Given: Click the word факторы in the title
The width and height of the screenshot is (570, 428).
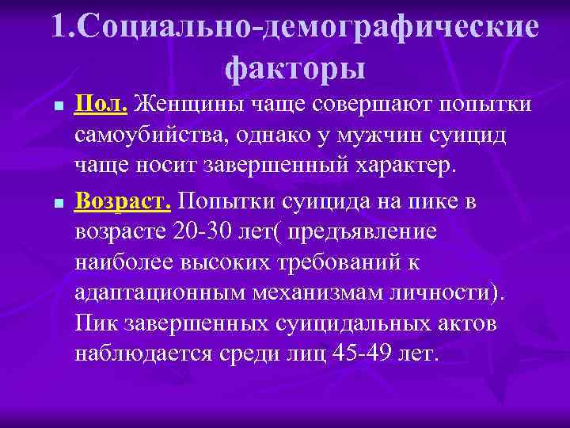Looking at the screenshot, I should click(295, 69).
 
